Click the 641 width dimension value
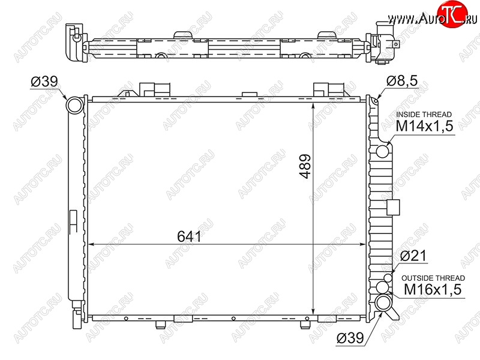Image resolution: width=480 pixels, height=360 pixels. click(x=189, y=236)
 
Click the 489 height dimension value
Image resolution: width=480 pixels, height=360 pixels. click(x=305, y=166)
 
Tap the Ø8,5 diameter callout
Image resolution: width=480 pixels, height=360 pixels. click(x=401, y=81)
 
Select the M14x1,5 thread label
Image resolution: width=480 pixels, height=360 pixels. click(x=424, y=126)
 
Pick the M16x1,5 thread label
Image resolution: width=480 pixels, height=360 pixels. click(x=433, y=289)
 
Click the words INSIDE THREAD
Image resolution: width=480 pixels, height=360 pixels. click(x=424, y=115)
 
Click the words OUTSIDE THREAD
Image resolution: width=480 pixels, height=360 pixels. click(x=433, y=278)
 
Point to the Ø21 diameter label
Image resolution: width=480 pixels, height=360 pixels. click(x=413, y=256)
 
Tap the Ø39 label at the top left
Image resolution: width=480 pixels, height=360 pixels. click(x=44, y=82)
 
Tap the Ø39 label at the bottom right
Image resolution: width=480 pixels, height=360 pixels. click(x=350, y=338)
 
